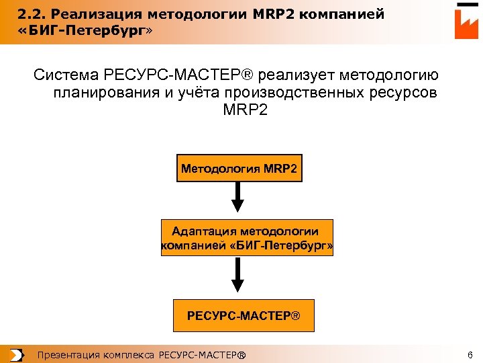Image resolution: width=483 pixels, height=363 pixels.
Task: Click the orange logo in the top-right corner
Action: [x=466, y=22]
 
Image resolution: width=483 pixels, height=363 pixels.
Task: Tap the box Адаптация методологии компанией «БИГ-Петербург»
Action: [x=247, y=238]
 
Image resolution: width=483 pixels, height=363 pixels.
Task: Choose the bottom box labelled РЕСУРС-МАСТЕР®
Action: [x=244, y=315]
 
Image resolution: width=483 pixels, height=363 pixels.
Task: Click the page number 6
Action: [x=470, y=355]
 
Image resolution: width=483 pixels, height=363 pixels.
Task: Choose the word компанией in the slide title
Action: [x=343, y=14]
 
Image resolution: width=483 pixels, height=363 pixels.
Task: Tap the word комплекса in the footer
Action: [x=128, y=355]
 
